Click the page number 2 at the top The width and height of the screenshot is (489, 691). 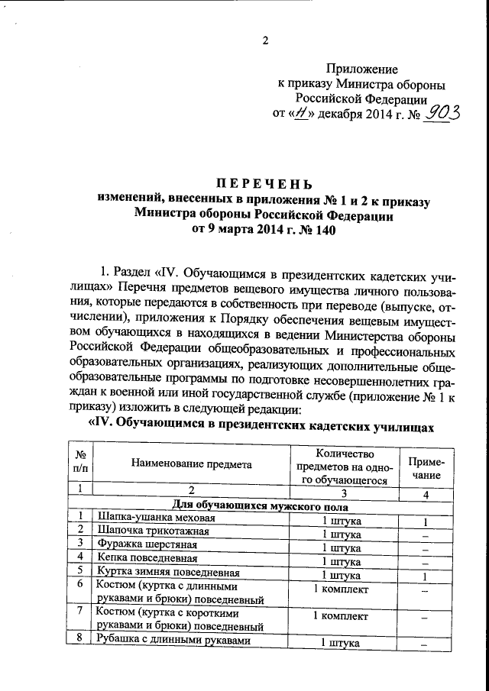[x=265, y=41]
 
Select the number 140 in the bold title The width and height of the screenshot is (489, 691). [x=323, y=229]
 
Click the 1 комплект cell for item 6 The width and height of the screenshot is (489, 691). [x=341, y=589]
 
